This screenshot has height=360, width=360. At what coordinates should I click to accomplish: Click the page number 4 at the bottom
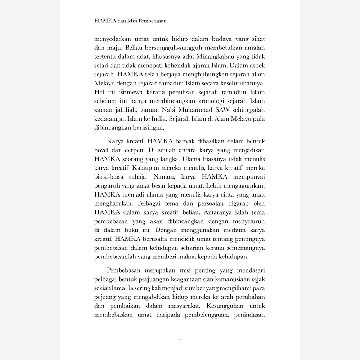pyautogui.click(x=180, y=340)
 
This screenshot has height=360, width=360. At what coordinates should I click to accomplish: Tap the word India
pyautogui.click(x=183, y=118)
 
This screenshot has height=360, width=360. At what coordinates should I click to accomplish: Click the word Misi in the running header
pyautogui.click(x=130, y=21)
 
